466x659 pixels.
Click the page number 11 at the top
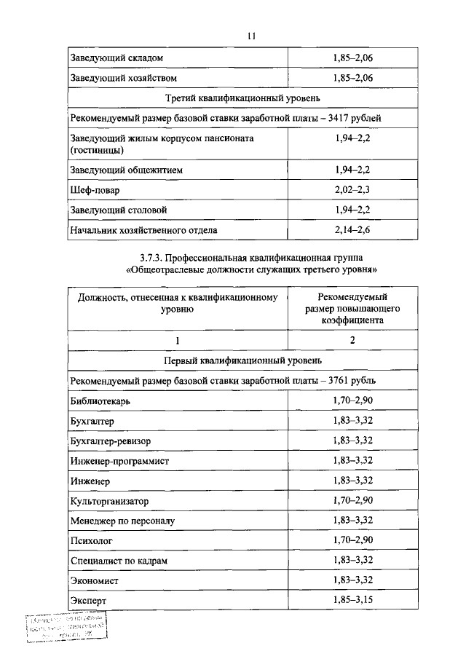click(252, 36)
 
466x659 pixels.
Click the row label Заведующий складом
click(116, 57)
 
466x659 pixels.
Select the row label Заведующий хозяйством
click(123, 76)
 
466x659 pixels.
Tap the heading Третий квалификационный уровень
click(243, 97)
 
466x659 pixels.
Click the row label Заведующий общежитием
click(126, 170)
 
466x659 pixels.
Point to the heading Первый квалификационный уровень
click(243, 360)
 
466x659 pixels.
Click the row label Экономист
click(95, 580)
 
